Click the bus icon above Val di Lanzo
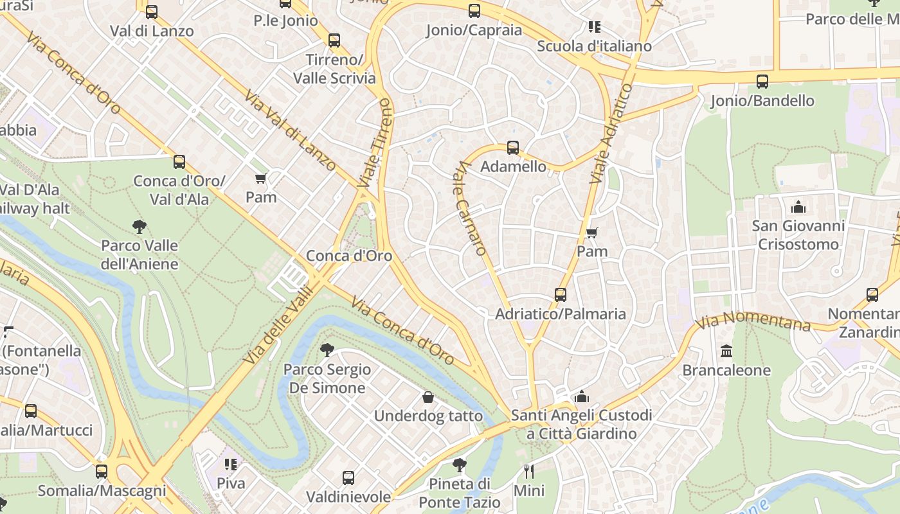point(152,12)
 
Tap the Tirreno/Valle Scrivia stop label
point(334,69)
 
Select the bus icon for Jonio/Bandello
point(762,82)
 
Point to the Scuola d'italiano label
point(594,46)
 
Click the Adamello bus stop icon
point(512,148)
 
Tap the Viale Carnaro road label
point(470,208)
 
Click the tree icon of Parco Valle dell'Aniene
point(139,226)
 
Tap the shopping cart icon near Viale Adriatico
point(591,233)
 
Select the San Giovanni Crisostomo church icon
point(798,207)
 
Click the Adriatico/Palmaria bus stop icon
point(561,295)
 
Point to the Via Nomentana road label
point(753,321)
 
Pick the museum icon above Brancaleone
point(726,351)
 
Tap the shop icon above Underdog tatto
point(428,397)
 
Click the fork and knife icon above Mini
point(529,472)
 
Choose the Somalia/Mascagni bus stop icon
point(102,472)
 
